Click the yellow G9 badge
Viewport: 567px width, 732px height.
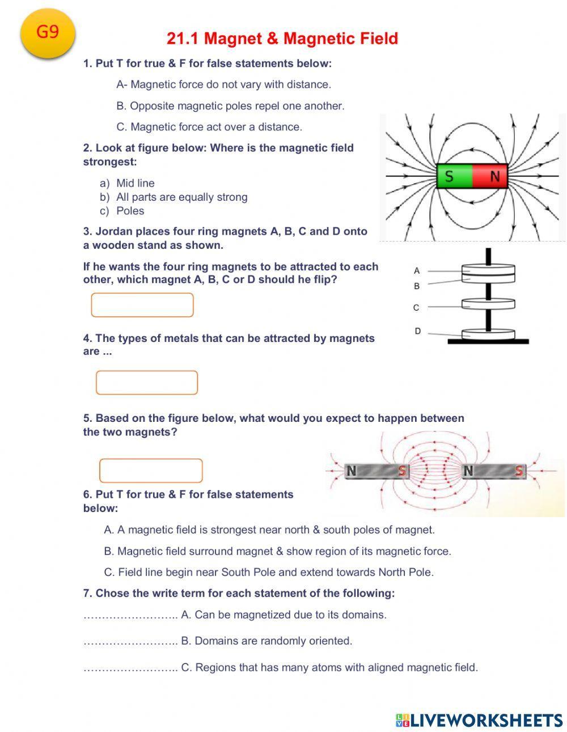(x=48, y=33)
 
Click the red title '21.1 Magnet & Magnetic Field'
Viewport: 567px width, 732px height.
(x=282, y=39)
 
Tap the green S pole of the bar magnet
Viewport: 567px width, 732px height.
(x=454, y=176)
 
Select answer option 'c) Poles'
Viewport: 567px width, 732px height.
(x=130, y=211)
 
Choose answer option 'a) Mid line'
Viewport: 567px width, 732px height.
(x=135, y=183)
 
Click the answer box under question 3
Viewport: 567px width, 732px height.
(x=142, y=305)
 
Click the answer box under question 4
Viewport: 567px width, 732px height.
(x=147, y=383)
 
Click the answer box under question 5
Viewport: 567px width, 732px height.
(x=151, y=471)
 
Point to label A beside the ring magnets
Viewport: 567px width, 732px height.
(x=417, y=271)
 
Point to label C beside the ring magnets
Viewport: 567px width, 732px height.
(x=416, y=307)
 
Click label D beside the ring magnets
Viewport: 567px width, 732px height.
(x=417, y=331)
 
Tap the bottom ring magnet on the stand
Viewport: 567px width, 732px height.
(x=488, y=334)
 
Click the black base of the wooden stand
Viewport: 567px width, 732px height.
(x=488, y=342)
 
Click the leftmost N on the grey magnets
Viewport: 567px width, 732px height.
(x=352, y=471)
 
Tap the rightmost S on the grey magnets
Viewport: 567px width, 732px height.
(x=519, y=471)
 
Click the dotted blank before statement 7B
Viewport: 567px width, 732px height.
(x=130, y=641)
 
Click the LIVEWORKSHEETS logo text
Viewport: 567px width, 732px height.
(x=486, y=720)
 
